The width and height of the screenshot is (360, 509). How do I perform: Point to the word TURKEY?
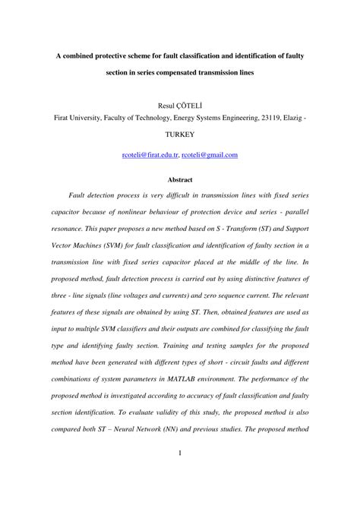pyautogui.click(x=180, y=134)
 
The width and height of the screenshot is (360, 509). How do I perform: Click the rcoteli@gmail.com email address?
pyautogui.click(x=209, y=155)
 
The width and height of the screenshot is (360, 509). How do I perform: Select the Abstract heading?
pyautogui.click(x=180, y=180)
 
